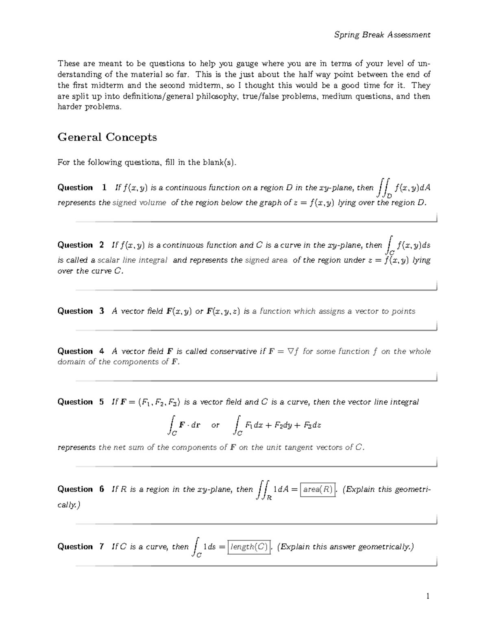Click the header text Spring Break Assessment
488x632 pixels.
(x=382, y=35)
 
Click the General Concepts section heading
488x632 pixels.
(x=107, y=137)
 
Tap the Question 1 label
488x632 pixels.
(x=82, y=188)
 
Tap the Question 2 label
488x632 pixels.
(x=81, y=245)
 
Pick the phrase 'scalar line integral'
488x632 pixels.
(x=132, y=260)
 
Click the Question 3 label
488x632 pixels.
(x=81, y=311)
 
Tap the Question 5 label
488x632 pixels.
(x=81, y=402)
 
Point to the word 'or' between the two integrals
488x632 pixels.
(x=215, y=425)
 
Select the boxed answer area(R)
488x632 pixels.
(x=318, y=490)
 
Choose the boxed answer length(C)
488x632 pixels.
(x=249, y=547)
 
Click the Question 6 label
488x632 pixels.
(x=81, y=489)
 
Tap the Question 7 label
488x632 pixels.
(x=81, y=547)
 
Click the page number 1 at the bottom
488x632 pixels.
(x=427, y=597)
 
